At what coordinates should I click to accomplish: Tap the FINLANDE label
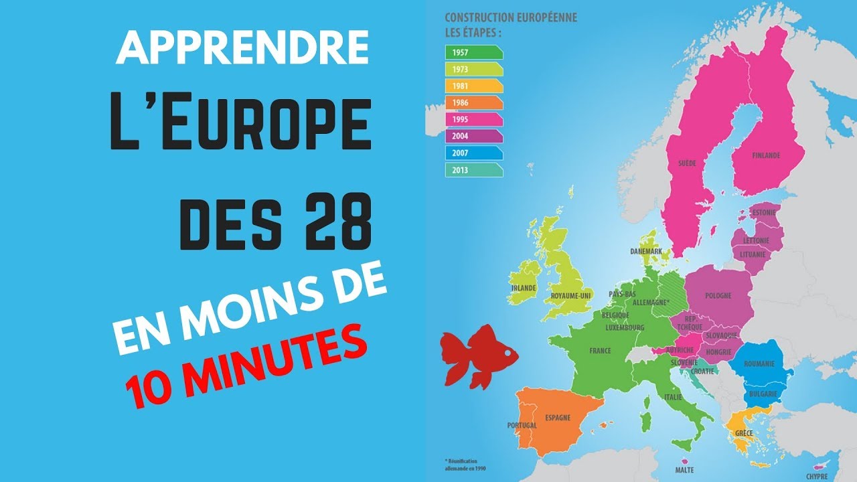[x=766, y=155]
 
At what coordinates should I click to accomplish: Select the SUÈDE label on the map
[x=687, y=163]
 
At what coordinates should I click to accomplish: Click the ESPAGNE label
[x=558, y=418]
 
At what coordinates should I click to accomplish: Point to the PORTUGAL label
[x=522, y=426]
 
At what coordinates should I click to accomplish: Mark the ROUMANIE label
[x=759, y=364]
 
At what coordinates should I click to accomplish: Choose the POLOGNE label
[x=718, y=296]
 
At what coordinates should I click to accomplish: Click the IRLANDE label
[x=524, y=288]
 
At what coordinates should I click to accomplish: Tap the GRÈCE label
[x=744, y=433]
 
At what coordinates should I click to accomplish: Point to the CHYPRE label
[x=817, y=476]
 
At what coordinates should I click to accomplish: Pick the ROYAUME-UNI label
[x=570, y=295]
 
